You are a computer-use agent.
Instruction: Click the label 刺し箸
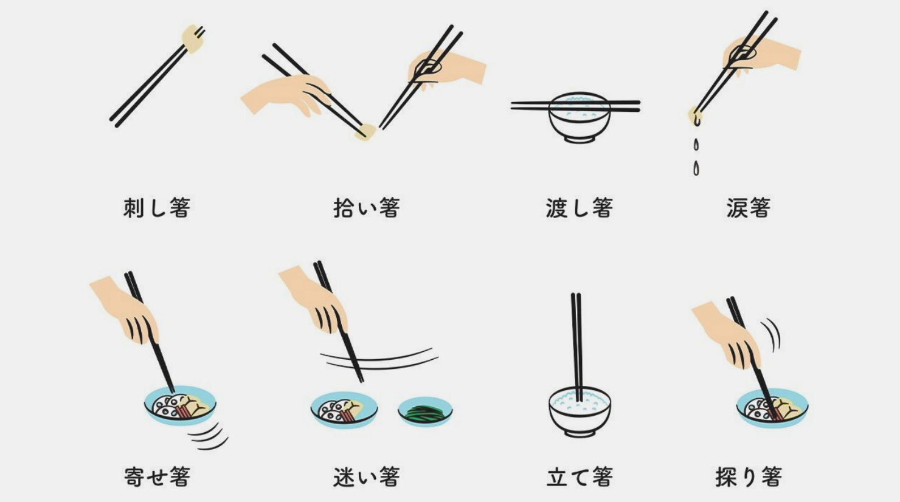157,208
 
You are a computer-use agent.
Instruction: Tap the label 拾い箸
366,208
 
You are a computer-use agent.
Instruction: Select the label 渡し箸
579,208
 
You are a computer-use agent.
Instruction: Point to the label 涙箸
748,208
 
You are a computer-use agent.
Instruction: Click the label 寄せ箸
157,476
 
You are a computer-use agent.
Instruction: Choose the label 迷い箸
366,476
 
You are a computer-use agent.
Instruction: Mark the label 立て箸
579,476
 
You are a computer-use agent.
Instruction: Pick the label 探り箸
748,476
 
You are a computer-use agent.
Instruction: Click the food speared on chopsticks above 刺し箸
193,38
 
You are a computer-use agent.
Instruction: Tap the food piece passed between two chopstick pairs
365,131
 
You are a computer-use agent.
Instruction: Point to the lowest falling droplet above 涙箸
696,168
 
